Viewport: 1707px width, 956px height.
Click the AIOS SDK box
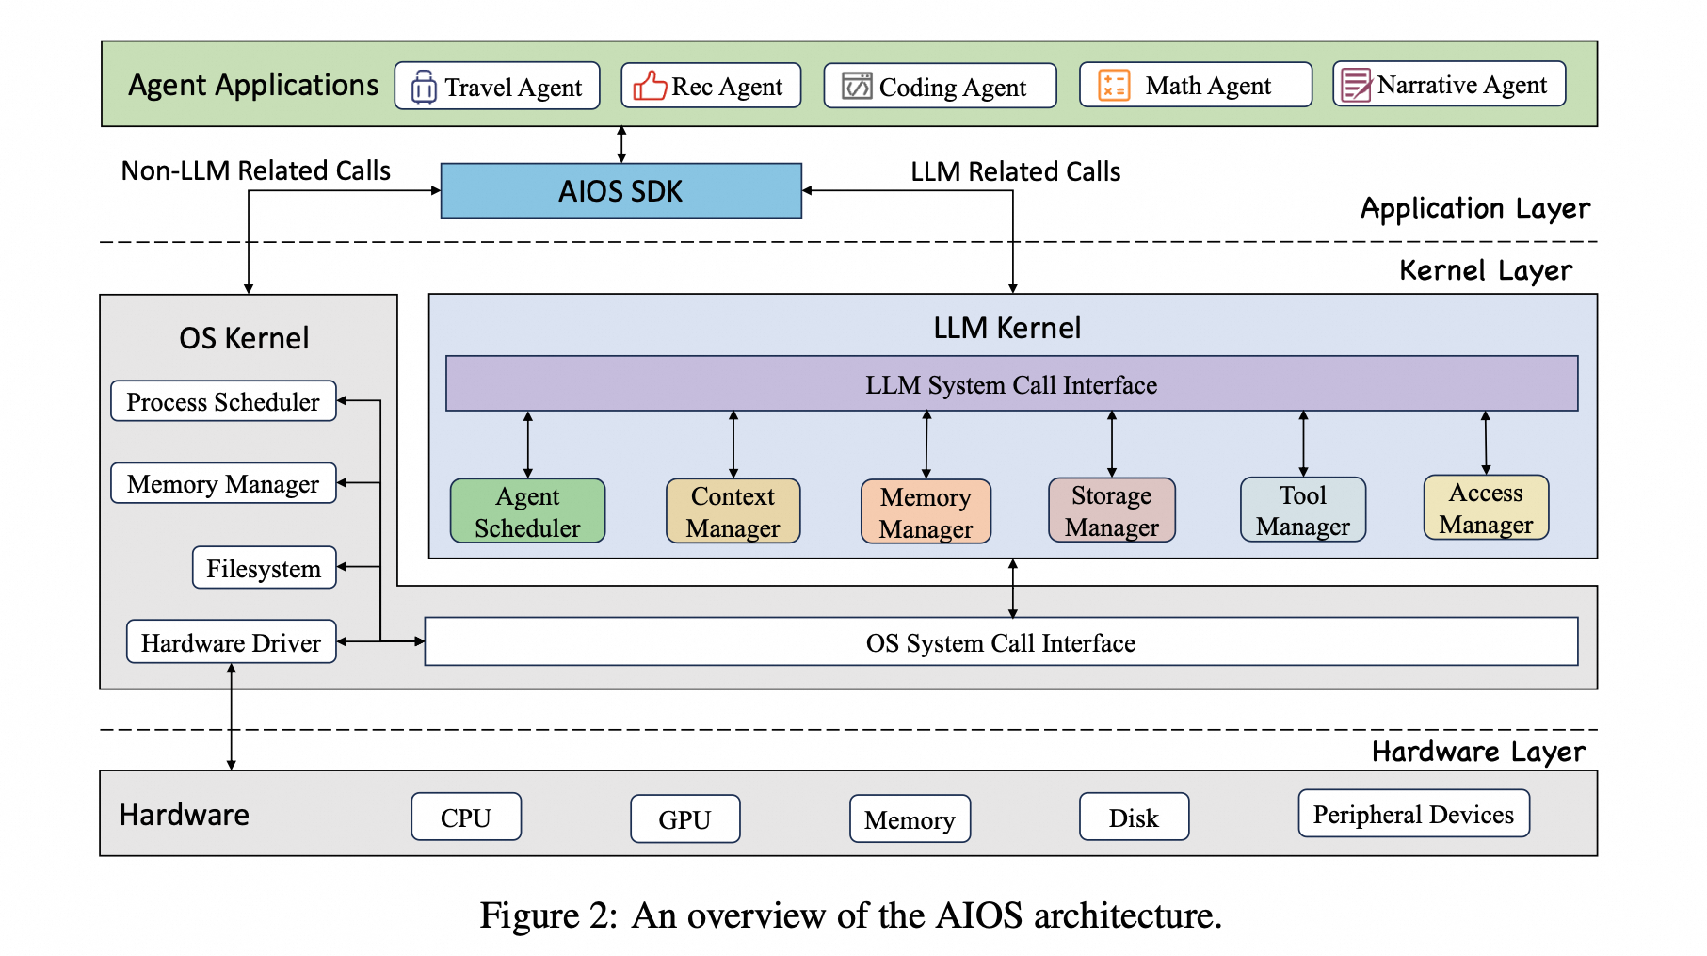pyautogui.click(x=620, y=191)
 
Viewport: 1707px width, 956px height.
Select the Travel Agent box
pyautogui.click(x=496, y=87)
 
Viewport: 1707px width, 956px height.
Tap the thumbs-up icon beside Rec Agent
pyautogui.click(x=650, y=86)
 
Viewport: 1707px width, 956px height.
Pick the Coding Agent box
pyautogui.click(x=939, y=87)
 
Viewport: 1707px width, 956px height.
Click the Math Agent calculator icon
pyautogui.click(x=1114, y=86)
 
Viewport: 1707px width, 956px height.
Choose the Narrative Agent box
pyautogui.click(x=1448, y=85)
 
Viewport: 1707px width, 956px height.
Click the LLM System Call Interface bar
pyautogui.click(x=1011, y=384)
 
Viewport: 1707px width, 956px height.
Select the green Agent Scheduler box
pyautogui.click(x=527, y=511)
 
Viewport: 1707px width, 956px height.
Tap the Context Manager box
pyautogui.click(x=733, y=511)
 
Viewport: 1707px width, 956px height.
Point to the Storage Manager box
pyautogui.click(x=1111, y=510)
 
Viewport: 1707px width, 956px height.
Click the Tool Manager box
pyautogui.click(x=1302, y=510)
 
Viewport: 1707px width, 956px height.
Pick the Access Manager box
pyautogui.click(x=1486, y=508)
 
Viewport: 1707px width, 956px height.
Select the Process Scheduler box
pyautogui.click(x=223, y=401)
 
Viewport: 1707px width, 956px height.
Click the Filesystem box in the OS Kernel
pyautogui.click(x=264, y=568)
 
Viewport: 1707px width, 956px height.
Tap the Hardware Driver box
pyautogui.click(x=231, y=642)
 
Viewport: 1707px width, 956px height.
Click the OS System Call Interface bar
pyautogui.click(x=1000, y=642)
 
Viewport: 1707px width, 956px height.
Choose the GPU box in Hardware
pyautogui.click(x=684, y=819)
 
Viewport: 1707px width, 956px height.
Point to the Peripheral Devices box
pyautogui.click(x=1413, y=815)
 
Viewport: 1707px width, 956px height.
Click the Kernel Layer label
pyautogui.click(x=1485, y=271)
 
